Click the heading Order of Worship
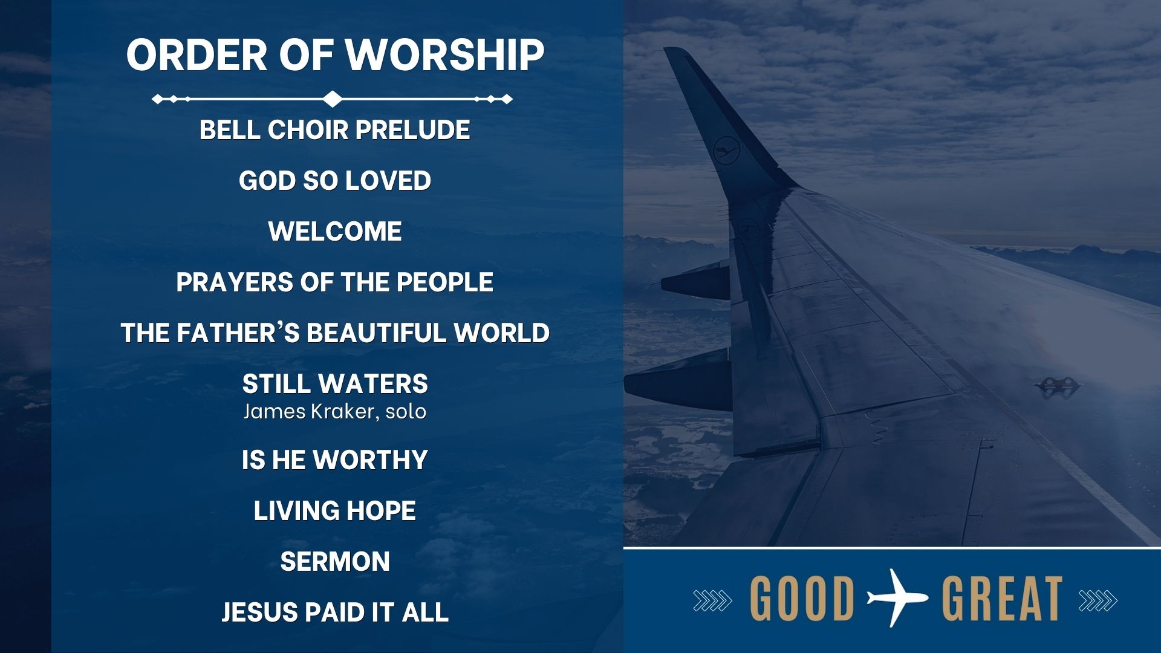335,54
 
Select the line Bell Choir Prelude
335,130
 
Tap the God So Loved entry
335,181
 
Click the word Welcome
335,232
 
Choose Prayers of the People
335,282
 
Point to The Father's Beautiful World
335,333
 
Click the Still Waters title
335,384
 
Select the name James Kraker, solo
335,412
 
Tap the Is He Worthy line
335,460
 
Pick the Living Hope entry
335,511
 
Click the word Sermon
335,562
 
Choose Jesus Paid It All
335,612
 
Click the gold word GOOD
802,599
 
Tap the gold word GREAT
1002,599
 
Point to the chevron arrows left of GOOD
712,600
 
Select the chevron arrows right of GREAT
1098,600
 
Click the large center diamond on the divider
332,99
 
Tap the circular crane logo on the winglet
726,151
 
